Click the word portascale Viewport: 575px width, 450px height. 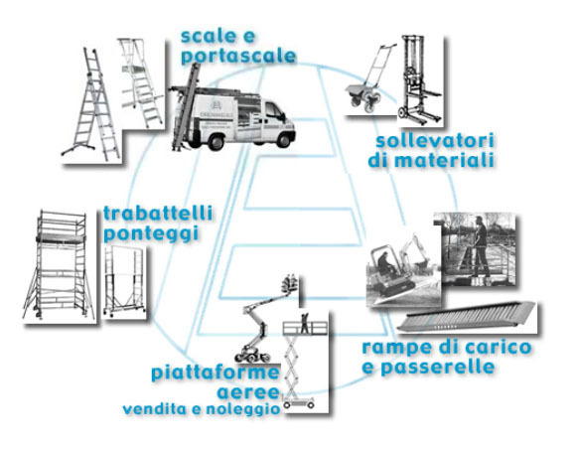[238, 57]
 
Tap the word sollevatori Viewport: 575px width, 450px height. [435, 141]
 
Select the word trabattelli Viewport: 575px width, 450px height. [158, 214]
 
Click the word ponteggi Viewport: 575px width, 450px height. [151, 234]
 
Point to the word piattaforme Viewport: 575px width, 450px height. [216, 374]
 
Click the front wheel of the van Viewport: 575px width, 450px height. [282, 140]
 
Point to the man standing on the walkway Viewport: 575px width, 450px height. [481, 246]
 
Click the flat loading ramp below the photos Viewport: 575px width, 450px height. [467, 316]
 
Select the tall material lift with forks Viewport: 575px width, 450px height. [420, 79]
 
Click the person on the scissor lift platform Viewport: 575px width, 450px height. [305, 323]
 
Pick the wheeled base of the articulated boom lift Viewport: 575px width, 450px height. [252, 355]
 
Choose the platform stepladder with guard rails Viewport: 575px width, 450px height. [142, 83]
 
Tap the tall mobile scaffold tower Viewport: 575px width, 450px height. [59, 265]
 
